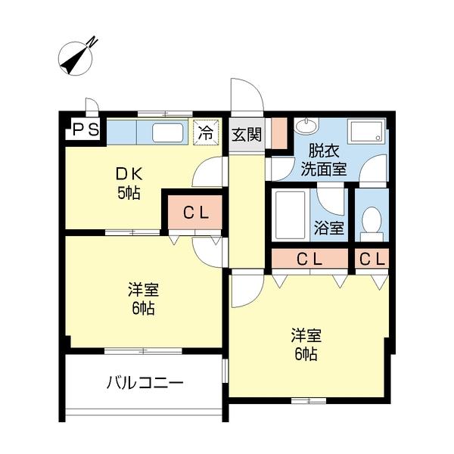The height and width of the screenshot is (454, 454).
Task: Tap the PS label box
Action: pyautogui.click(x=85, y=130)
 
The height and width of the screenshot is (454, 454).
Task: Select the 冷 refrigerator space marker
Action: pyautogui.click(x=205, y=132)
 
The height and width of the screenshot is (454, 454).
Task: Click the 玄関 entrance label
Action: pyautogui.click(x=246, y=135)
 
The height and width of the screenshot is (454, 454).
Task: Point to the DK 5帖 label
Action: pyautogui.click(x=127, y=182)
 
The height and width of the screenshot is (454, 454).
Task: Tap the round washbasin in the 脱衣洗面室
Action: pyautogui.click(x=307, y=126)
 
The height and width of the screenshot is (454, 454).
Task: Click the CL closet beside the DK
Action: pyautogui.click(x=194, y=213)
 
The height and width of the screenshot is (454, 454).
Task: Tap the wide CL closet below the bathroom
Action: pyautogui.click(x=309, y=259)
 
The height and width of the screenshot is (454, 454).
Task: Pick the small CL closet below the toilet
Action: pyautogui.click(x=372, y=259)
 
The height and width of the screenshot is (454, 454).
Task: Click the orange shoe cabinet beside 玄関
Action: pyautogui.click(x=278, y=133)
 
